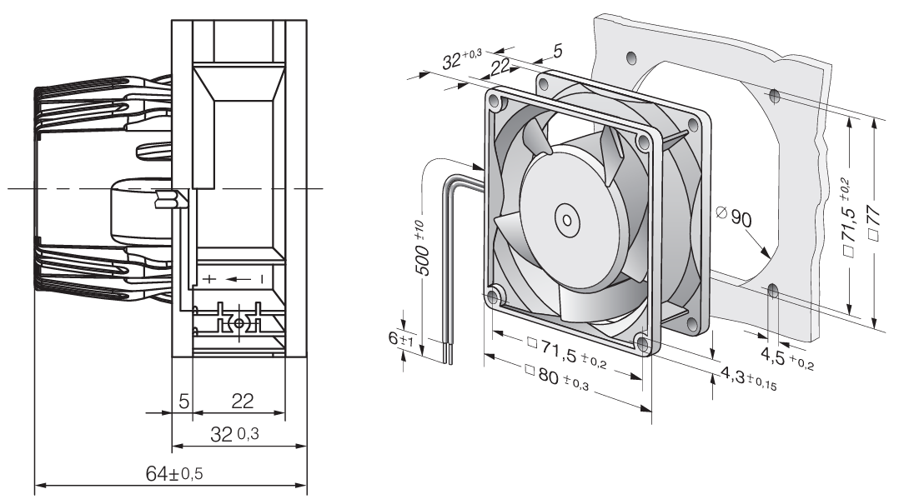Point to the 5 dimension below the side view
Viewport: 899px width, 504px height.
coord(183,401)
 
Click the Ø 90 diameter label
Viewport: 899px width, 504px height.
coord(734,218)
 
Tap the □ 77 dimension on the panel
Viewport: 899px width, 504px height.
coord(872,221)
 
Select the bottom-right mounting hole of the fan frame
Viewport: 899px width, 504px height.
coord(642,342)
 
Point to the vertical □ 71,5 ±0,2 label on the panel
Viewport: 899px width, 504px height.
coord(847,221)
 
